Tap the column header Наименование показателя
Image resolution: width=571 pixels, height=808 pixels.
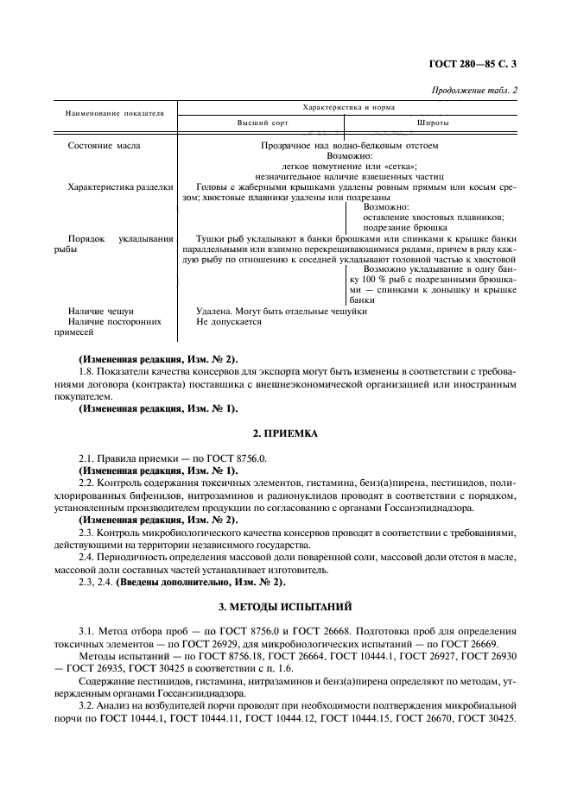[114, 113]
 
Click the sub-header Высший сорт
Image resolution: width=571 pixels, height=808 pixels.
[263, 123]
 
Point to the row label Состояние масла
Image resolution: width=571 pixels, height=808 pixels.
[104, 146]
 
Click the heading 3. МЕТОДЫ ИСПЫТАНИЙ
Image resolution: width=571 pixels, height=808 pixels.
[285, 609]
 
